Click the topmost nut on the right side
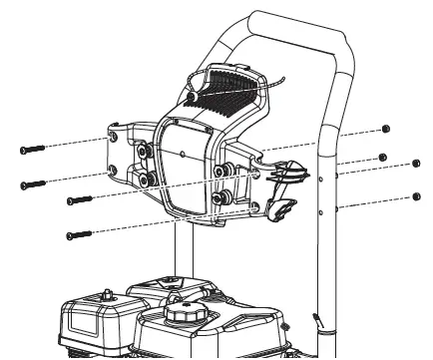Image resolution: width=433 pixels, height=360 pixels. pyautogui.click(x=386, y=130)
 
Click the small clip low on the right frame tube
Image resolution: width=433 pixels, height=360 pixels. pyautogui.click(x=319, y=321)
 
